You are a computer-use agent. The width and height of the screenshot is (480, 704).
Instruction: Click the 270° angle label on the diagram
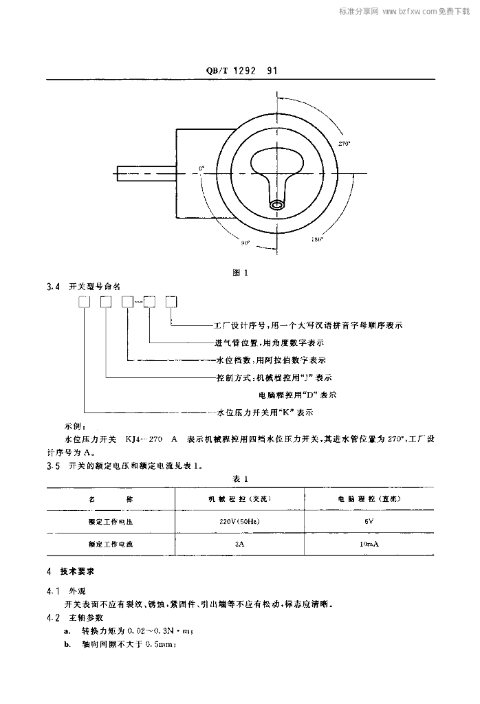click(x=345, y=144)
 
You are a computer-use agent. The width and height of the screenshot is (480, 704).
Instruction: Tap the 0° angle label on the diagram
click(x=201, y=167)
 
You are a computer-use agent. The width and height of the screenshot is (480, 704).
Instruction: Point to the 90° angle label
click(x=246, y=243)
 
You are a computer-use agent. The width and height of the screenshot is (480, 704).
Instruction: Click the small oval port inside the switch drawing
click(x=278, y=204)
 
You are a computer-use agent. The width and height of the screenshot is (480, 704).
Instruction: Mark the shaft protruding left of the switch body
click(x=144, y=172)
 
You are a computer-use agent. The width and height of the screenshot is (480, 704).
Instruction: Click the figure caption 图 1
click(x=240, y=273)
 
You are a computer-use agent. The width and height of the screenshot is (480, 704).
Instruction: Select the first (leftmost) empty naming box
click(x=85, y=301)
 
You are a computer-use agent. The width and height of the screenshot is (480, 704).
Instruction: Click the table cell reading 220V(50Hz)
click(x=240, y=522)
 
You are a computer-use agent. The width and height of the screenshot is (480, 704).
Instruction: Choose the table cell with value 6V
click(x=369, y=522)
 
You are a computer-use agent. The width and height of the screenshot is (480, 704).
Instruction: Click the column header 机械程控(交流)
click(x=240, y=499)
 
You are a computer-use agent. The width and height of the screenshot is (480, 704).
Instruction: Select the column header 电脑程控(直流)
click(x=369, y=499)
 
